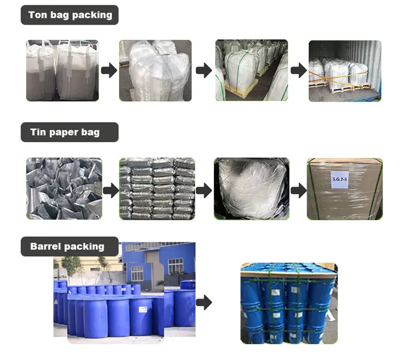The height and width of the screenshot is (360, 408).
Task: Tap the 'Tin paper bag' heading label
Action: coord(65,132)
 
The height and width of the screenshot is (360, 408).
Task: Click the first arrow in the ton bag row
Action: coord(109,70)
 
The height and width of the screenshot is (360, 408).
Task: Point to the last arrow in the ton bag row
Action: coord(298,70)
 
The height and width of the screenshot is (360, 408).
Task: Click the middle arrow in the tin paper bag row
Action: coord(204,190)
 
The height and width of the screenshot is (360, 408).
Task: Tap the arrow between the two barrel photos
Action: coord(204,303)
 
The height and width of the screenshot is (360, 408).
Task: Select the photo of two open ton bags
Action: coord(63,70)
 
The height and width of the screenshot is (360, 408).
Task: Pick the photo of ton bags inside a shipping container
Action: coord(345,70)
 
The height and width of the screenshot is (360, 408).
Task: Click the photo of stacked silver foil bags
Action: coord(157,188)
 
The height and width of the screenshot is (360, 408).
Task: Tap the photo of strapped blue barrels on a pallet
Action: coord(289,303)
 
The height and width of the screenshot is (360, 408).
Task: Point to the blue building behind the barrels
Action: coord(163,261)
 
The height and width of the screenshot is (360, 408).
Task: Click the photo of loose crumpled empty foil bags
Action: coord(64,188)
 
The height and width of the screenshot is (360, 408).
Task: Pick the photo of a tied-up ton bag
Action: coord(156,70)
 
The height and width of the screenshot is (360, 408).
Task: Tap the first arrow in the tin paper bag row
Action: coord(110,190)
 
